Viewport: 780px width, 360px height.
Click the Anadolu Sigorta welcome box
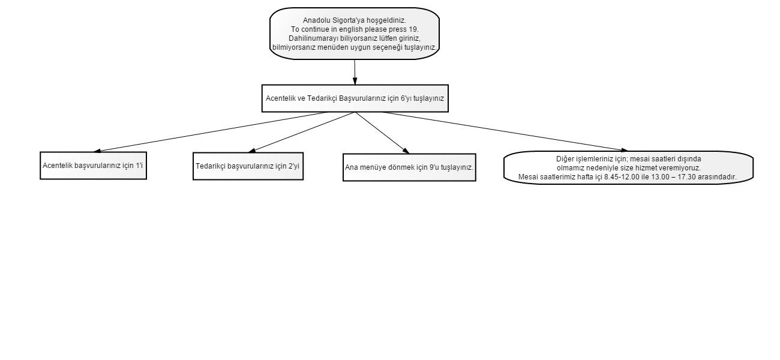point(355,34)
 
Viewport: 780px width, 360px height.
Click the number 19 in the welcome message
point(413,29)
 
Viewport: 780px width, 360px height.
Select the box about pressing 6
point(355,98)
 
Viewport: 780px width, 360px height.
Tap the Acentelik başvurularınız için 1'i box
point(94,166)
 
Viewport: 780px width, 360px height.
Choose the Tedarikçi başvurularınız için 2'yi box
point(248,166)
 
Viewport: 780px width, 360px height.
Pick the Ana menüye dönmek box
point(409,167)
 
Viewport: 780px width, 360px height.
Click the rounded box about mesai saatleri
point(629,168)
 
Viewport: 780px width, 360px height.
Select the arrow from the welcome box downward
point(355,72)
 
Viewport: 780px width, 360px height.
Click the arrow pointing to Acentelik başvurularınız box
point(211,132)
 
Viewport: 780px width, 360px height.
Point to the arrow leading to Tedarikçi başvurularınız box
point(302,133)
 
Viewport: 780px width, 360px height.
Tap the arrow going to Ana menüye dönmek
point(382,133)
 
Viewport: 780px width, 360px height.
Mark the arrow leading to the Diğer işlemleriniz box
point(505,131)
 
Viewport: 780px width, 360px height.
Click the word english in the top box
point(350,29)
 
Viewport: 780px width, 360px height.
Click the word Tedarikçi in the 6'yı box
point(322,98)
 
